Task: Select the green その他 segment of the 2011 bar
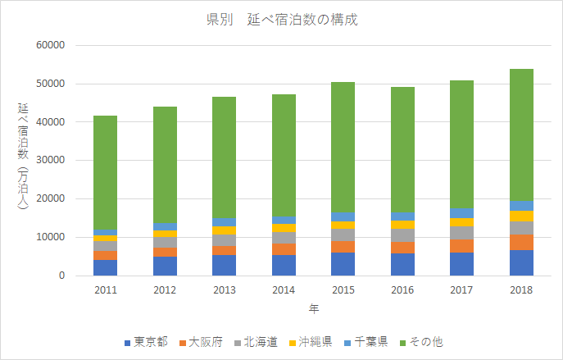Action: tap(105, 172)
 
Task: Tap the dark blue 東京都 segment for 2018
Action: tap(522, 262)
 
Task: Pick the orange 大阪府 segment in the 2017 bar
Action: tap(462, 246)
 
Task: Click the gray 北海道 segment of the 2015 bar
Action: tap(343, 235)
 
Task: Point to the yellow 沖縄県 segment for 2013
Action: tap(224, 230)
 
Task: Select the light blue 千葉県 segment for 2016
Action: tap(402, 217)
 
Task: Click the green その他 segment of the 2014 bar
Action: tap(284, 156)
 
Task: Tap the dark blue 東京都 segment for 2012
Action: tap(164, 266)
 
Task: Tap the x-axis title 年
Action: tap(313, 309)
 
